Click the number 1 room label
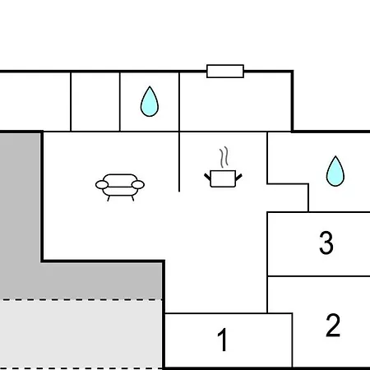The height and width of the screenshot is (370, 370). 223,340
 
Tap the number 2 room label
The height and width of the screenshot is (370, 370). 333,325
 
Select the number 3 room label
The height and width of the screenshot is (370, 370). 326,243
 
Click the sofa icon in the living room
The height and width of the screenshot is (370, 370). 120,187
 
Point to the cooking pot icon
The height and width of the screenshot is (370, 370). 223,168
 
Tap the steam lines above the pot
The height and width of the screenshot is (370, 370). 224,157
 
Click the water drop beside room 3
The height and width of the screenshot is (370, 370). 335,171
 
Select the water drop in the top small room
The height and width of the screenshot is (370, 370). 150,101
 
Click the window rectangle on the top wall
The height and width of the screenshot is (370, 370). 225,72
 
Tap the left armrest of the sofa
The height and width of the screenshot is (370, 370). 102,185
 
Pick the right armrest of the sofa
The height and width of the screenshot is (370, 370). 138,185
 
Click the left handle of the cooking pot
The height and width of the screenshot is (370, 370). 207,177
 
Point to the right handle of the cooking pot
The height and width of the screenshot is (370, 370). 238,177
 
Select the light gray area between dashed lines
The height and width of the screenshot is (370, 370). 81,334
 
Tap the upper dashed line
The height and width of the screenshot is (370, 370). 81,300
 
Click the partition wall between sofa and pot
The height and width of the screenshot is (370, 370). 179,162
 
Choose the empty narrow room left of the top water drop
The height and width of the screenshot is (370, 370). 95,102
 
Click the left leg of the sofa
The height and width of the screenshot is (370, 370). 109,198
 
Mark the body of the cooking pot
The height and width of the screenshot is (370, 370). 223,178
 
